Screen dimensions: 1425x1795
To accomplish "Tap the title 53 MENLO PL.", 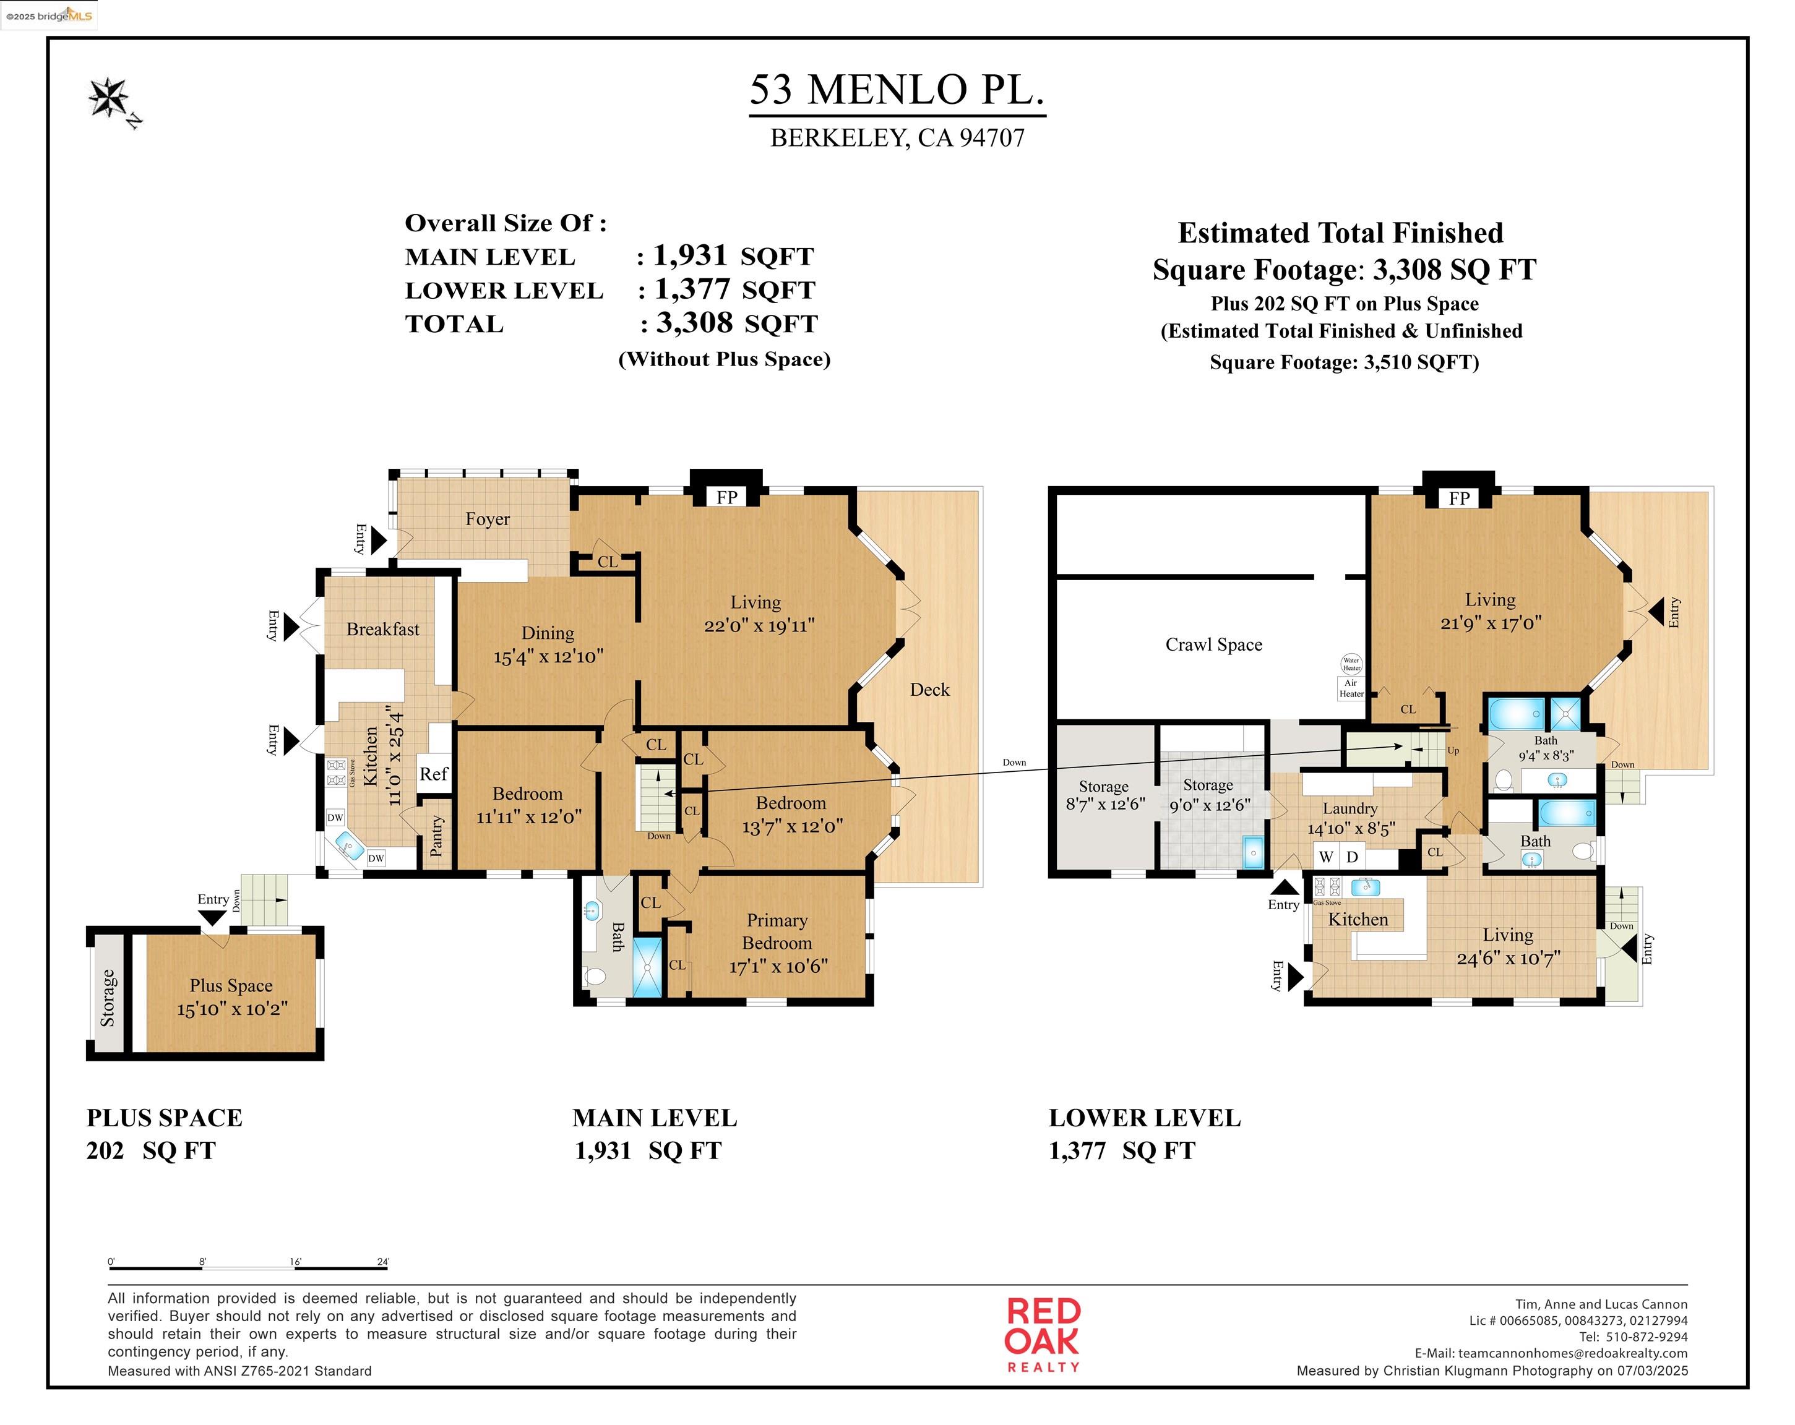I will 897,90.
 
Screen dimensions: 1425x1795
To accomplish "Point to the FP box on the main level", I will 726,497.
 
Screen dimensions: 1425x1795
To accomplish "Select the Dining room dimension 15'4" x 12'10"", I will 548,657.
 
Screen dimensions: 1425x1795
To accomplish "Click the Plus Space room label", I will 231,985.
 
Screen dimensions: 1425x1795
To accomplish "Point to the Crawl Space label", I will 1213,644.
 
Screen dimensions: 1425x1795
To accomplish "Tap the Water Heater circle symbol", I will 1351,664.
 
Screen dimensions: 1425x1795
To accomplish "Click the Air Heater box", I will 1351,688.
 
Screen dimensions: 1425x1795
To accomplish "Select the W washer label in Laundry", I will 1326,857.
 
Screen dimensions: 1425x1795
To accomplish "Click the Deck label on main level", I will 929,689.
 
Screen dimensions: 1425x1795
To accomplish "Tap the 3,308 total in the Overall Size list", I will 694,323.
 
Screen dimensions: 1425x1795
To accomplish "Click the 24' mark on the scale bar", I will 383,1262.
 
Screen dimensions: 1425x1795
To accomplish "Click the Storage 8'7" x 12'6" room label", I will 1104,795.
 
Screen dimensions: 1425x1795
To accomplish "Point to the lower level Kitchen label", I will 1358,920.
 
